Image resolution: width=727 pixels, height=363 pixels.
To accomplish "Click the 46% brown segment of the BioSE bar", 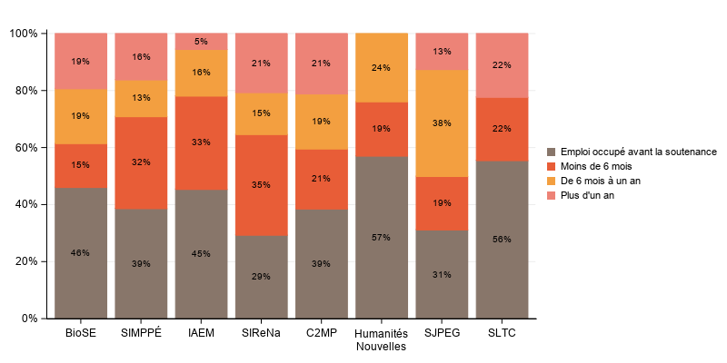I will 81,253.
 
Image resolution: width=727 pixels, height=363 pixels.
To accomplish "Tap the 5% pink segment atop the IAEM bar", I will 201,41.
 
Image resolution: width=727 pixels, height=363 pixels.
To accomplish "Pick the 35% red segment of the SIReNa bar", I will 261,185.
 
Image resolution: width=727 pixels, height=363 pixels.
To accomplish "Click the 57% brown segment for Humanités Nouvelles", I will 382,238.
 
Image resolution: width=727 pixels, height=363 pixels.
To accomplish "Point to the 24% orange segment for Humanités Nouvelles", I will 382,68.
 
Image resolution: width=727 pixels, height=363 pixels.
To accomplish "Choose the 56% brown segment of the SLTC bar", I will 502,240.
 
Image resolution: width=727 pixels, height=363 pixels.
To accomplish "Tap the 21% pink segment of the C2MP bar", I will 322,64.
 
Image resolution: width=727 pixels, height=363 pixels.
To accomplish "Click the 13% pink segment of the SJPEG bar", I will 442,52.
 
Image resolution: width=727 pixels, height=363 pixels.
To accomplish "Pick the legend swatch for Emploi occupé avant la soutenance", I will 551,152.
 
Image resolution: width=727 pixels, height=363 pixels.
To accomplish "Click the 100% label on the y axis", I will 23,34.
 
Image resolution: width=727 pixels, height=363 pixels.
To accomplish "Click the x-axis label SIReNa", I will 261,333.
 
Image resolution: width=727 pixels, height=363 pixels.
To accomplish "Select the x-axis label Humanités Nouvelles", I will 382,339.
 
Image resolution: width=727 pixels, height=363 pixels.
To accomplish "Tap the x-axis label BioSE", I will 81,333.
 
